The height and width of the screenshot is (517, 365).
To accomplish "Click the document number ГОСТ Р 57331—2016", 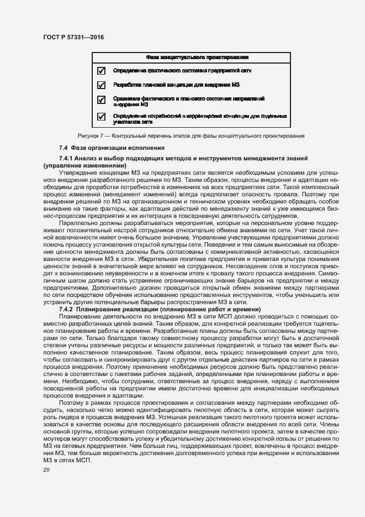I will pyautogui.click(x=73, y=37).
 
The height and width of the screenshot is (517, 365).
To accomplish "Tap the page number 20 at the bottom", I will pyautogui.click(x=46, y=469).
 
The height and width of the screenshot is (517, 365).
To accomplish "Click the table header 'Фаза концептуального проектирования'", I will pyautogui.click(x=196, y=57).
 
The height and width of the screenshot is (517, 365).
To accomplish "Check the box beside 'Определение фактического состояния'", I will pyautogui.click(x=101, y=71).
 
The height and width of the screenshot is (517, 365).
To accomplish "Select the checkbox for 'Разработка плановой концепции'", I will pyautogui.click(x=101, y=85).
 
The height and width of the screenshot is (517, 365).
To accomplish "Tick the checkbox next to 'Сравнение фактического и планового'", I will pyautogui.click(x=101, y=100).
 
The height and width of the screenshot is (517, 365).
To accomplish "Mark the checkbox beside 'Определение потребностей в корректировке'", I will pyautogui.click(x=101, y=117).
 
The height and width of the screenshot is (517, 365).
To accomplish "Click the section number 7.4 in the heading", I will pyautogui.click(x=64, y=148).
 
